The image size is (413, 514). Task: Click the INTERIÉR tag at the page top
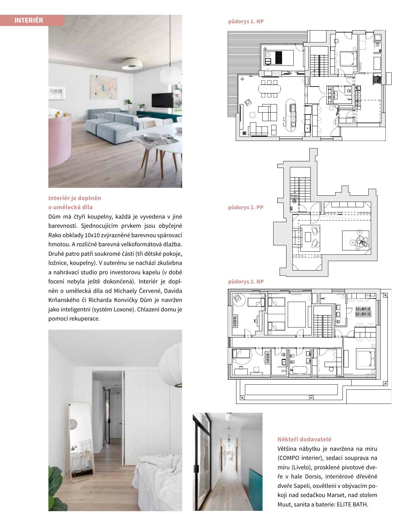point(29,20)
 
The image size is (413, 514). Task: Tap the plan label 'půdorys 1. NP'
point(246,21)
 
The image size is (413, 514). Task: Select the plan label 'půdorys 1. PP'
point(246,207)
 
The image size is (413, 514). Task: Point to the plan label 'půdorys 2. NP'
point(246,282)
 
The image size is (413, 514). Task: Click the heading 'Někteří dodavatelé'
point(304,439)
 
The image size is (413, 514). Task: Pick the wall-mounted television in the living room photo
point(162,100)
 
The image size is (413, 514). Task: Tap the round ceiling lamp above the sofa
point(133,64)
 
